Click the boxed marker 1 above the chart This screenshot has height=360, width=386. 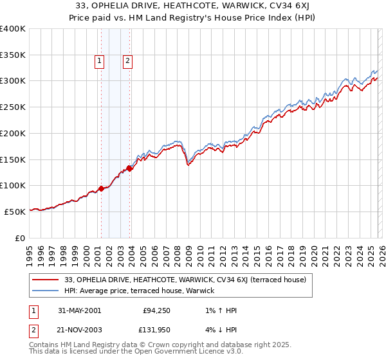tap(100, 61)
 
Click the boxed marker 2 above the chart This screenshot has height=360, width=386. tap(128, 61)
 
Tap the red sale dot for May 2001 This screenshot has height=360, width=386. tap(101, 188)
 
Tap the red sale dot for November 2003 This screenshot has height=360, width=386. tap(129, 168)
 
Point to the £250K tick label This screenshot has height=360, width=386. tap(12, 107)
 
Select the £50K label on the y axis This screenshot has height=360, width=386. tap(15, 211)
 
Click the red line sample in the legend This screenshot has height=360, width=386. tap(46, 280)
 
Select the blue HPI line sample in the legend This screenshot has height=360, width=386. tap(46, 291)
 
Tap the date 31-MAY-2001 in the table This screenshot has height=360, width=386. tap(79, 311)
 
